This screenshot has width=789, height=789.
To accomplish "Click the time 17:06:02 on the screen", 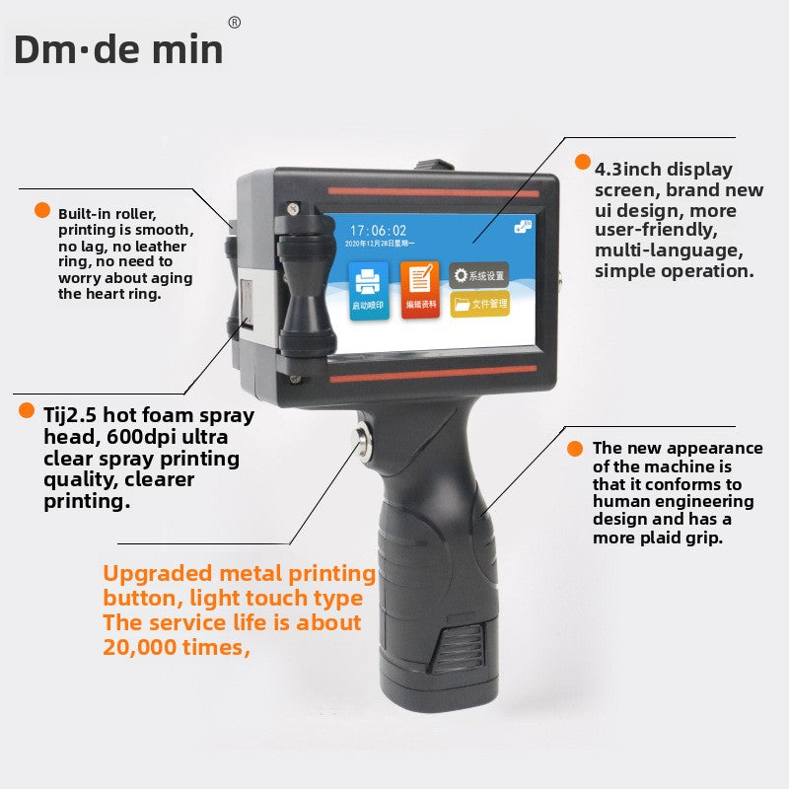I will (379, 229).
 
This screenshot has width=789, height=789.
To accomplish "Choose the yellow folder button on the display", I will (479, 304).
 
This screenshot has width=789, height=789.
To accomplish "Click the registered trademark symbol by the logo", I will (234, 22).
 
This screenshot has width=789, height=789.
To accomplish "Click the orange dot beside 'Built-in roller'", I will (42, 210).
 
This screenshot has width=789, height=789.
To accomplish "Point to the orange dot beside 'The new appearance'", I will (575, 449).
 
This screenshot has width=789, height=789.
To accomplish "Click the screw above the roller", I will (293, 208).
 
